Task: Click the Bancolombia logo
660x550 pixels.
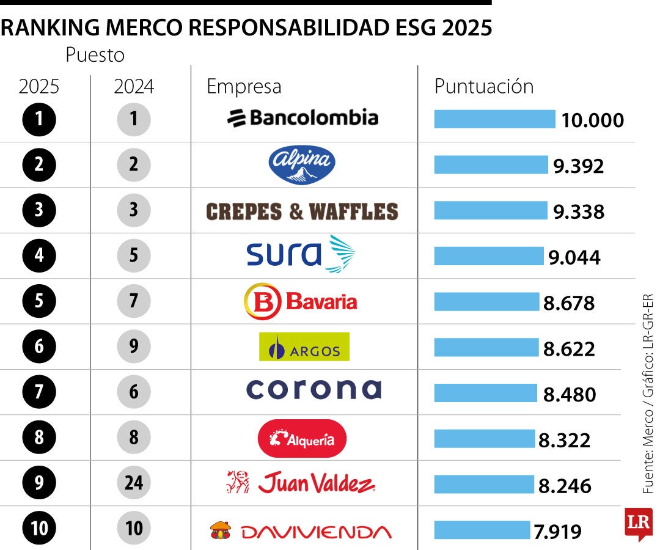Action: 302,117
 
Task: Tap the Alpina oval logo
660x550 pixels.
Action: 302,164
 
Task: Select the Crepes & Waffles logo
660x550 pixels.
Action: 302,211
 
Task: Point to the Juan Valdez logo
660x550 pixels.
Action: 301,483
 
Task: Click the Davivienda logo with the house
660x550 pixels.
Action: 301,530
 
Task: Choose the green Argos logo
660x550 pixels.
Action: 304,347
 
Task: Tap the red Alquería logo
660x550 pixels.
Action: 302,438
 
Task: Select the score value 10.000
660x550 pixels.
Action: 593,120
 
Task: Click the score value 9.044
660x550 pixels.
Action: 574,257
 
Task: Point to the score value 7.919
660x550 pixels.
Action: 557,532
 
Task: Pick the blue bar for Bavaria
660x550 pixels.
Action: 486,302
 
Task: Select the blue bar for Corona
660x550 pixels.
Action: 485,393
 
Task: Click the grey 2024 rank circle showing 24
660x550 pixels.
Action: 134,483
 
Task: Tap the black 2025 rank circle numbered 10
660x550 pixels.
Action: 39,529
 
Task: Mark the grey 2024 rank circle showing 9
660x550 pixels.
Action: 134,346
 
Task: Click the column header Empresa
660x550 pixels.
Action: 244,86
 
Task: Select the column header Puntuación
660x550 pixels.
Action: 483,86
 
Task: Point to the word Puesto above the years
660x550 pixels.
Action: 95,55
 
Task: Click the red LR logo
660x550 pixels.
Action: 638,523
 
